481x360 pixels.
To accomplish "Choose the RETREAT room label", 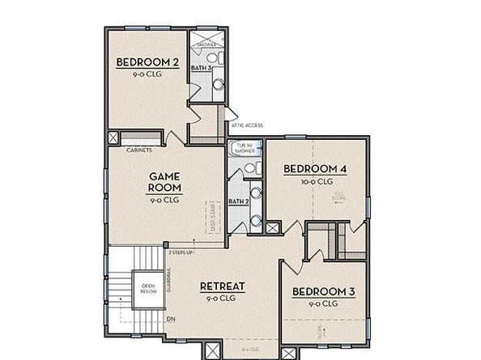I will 223,286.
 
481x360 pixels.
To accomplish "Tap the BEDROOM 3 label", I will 323,291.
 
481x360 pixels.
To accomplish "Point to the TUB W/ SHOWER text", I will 243,149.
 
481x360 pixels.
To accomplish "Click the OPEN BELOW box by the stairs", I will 148,289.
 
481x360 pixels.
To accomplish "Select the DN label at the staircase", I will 171,319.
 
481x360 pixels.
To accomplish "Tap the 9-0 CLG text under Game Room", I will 164,200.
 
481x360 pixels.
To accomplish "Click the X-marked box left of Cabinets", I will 113,138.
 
